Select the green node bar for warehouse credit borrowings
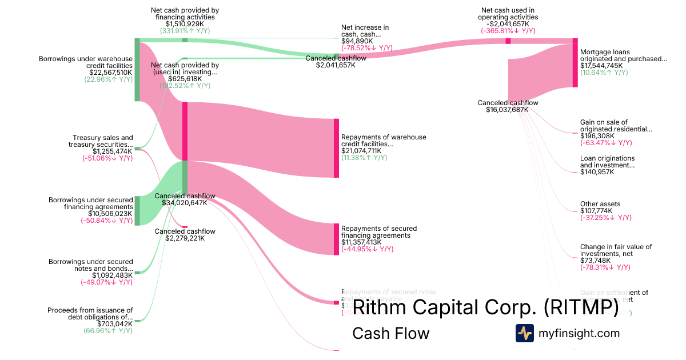pos(137,70)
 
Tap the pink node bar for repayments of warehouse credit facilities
pos(337,148)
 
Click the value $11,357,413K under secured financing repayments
pos(361,242)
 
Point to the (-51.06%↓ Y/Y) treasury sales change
pos(107,158)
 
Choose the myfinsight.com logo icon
pos(524,333)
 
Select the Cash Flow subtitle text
pos(390,333)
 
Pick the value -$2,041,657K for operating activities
pos(508,24)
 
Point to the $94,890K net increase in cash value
pos(357,41)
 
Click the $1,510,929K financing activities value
pos(185,24)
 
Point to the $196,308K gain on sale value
pos(597,136)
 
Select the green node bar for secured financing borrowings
pos(137,211)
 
